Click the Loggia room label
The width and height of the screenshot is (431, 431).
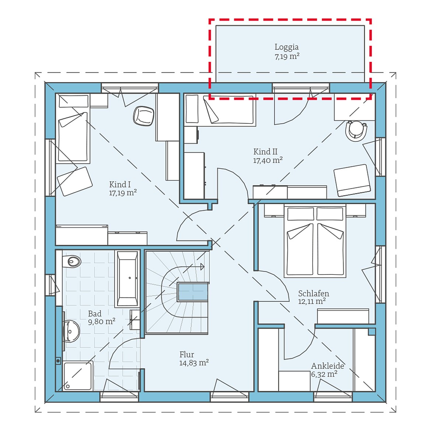(287, 47)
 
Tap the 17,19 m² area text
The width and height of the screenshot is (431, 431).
(123, 193)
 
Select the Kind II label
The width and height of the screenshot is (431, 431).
(265, 151)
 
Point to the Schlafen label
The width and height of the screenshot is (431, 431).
(313, 293)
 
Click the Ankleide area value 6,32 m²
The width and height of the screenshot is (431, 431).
(324, 374)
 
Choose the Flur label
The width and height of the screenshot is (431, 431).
(187, 354)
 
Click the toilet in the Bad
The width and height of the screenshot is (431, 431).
(71, 261)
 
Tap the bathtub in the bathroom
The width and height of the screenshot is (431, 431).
(127, 279)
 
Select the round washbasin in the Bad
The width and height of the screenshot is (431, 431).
(71, 332)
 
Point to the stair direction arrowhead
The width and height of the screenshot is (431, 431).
(202, 267)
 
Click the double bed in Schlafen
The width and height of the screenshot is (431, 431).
(315, 241)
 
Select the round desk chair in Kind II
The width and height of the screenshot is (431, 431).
(356, 131)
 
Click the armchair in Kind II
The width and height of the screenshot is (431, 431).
(352, 180)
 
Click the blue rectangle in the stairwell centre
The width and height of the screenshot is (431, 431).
(193, 292)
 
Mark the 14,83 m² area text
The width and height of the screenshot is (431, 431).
(194, 363)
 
